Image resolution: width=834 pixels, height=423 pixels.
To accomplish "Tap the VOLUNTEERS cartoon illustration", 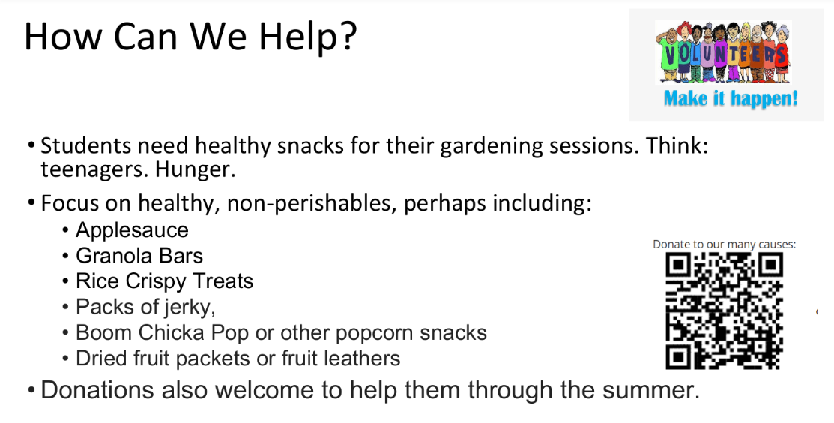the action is point(723,52).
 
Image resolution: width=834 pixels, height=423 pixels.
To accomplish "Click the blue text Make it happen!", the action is point(731,98).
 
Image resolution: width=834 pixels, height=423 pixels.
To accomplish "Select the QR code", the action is point(724,310).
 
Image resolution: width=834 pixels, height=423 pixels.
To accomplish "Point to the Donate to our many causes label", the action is point(724,244).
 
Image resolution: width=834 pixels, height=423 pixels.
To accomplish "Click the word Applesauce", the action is point(132,230).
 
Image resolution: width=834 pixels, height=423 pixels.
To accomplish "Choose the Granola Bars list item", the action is point(139,256).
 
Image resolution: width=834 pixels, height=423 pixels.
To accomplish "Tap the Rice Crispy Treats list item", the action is point(164,281).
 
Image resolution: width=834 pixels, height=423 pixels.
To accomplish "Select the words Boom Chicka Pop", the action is point(162,332).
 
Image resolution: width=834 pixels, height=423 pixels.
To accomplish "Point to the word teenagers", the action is point(94,169).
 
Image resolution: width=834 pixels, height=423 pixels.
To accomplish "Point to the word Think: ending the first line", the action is point(677,145).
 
